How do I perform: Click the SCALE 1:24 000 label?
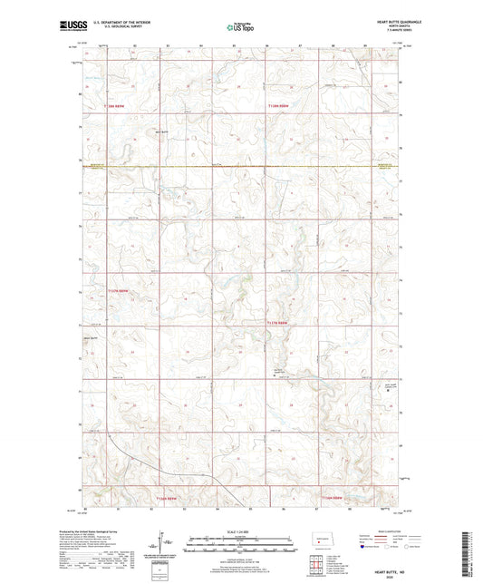coord(241,531)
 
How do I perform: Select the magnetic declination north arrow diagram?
coord(166,545)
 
